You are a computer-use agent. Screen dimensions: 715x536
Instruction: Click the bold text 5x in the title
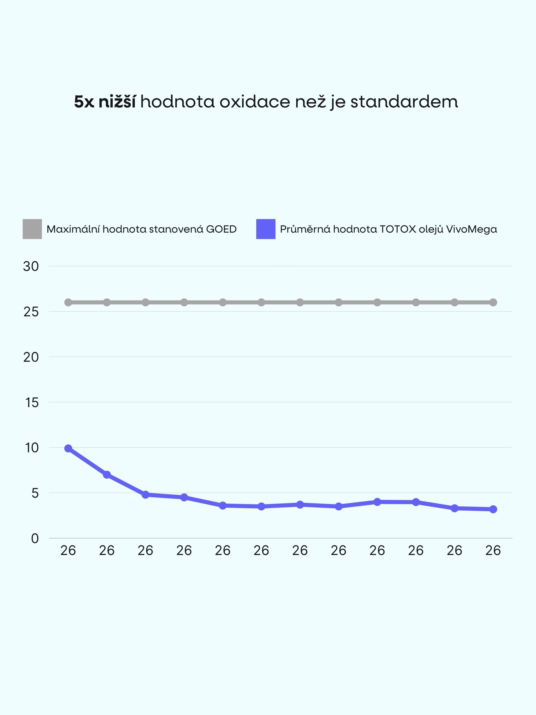point(84,102)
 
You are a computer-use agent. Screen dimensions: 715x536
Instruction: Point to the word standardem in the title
point(404,102)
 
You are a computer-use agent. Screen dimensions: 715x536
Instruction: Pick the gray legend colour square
point(32,229)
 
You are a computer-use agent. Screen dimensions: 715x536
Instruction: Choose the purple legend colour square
point(265,229)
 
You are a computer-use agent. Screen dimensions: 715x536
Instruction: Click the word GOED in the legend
point(221,229)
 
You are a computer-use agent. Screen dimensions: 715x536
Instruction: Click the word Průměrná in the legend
point(305,229)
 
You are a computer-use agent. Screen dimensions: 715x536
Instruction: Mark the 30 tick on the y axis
point(31,266)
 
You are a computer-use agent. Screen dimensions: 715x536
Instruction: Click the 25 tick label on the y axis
point(31,312)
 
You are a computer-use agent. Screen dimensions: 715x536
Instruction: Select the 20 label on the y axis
point(31,357)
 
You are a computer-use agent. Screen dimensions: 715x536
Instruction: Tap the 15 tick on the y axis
point(32,403)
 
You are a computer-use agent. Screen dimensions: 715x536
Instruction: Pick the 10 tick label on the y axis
point(32,448)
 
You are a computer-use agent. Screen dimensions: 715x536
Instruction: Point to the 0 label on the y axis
point(35,539)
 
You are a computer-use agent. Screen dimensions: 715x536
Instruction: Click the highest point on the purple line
point(68,448)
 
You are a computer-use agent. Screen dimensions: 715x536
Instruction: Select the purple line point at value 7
point(107,475)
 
